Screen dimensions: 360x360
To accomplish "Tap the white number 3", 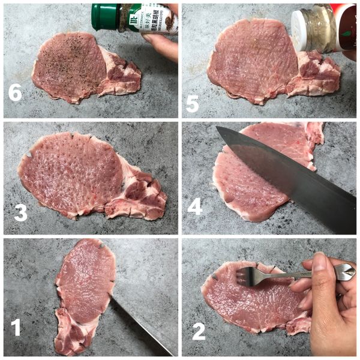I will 20,212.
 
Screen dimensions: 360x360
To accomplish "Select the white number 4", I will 195,207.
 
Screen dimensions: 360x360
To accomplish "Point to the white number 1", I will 16,327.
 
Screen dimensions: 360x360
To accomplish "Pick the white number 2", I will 199,331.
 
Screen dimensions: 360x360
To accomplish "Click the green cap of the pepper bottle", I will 105,17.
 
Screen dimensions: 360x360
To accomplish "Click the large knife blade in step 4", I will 288,174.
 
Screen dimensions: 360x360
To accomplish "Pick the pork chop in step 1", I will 84,288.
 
